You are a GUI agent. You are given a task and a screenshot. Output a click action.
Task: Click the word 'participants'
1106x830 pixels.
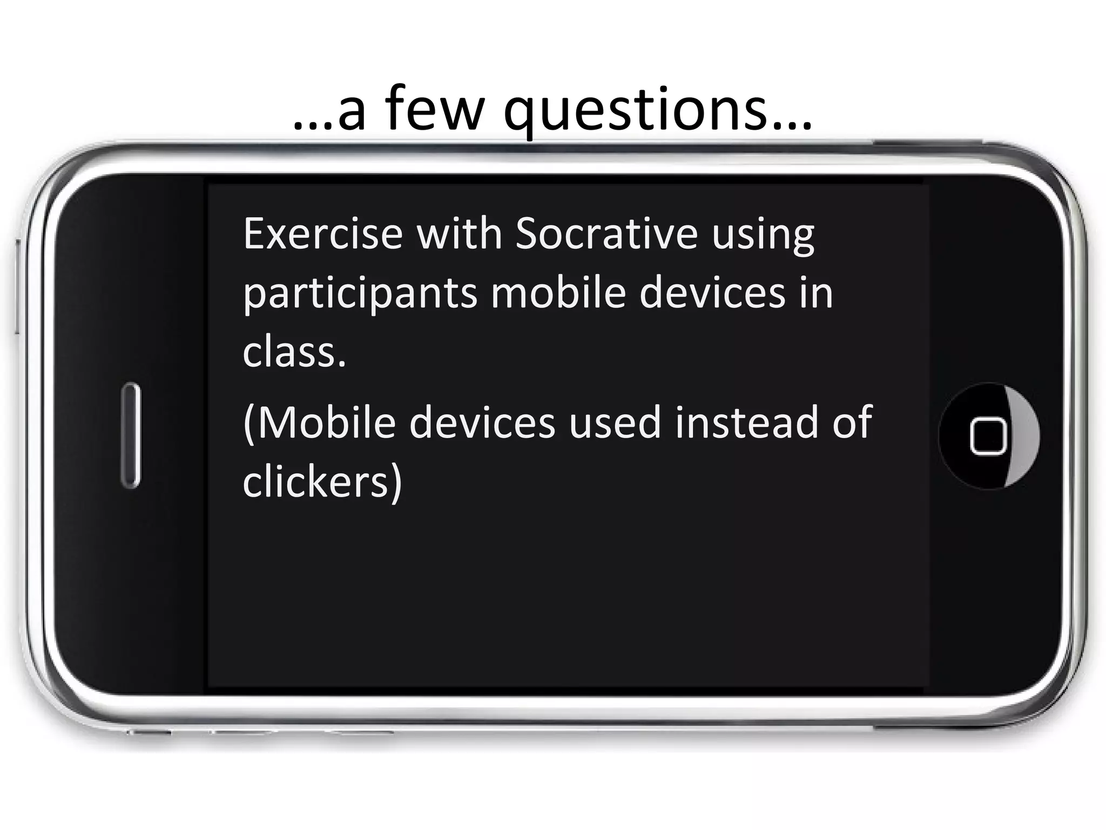point(360,294)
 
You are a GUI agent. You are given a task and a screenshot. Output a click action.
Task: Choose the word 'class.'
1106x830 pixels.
point(294,352)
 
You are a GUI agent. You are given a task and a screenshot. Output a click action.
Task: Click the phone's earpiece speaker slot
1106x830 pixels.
point(131,436)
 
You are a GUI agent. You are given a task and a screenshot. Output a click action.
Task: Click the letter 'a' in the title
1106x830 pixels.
point(352,113)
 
